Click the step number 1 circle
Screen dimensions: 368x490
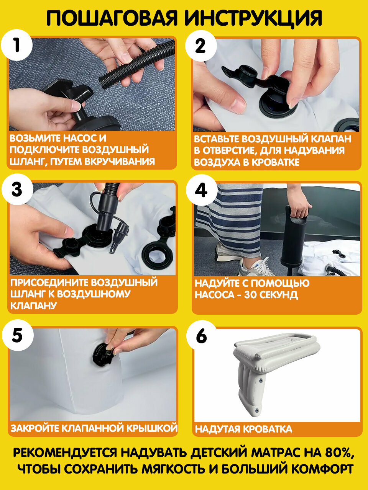pos(17,45)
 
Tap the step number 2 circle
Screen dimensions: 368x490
pos(201,46)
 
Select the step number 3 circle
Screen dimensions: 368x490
pos(17,189)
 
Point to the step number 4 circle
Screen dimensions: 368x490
pos(202,190)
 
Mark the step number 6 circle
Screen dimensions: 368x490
pos(202,336)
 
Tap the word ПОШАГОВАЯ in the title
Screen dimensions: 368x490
pos(112,18)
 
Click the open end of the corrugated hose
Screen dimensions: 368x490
pos(103,81)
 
